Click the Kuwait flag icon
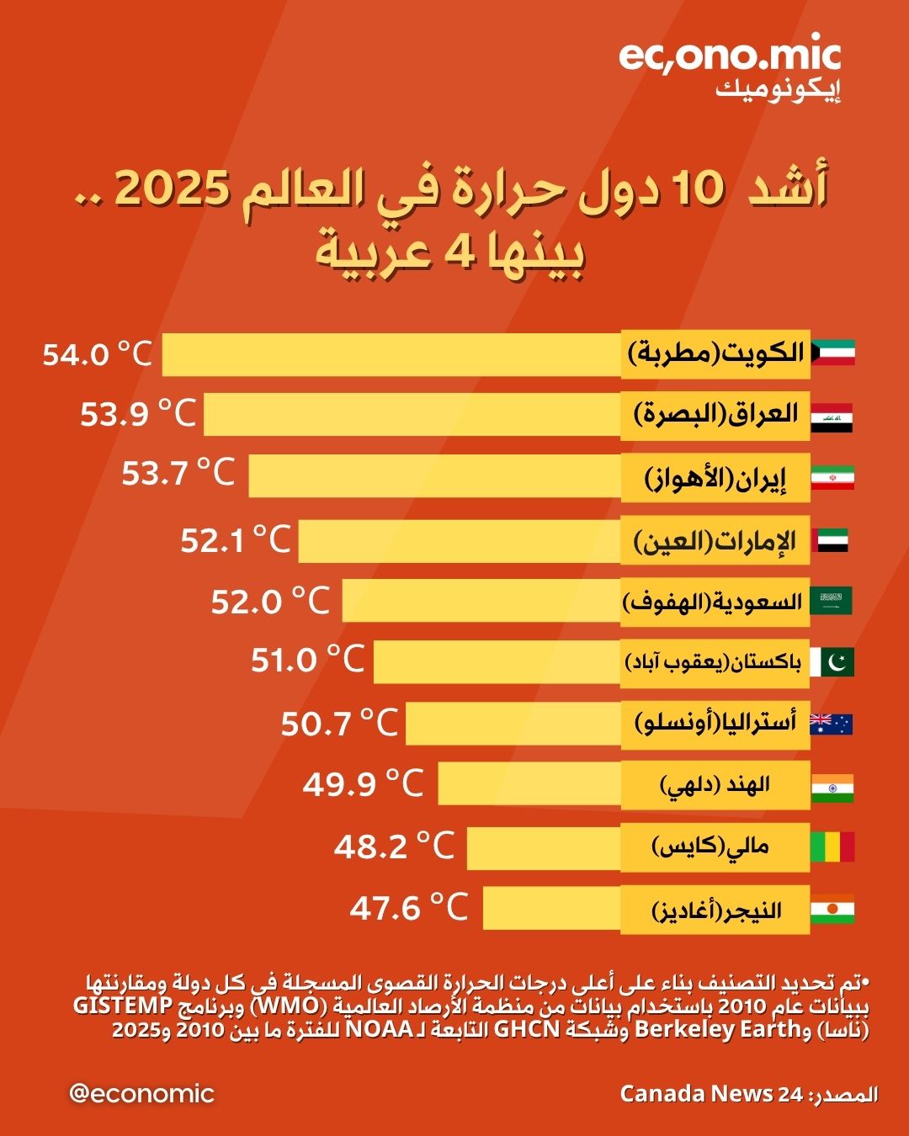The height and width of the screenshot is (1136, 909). [x=833, y=352]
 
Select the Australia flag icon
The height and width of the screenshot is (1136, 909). [x=832, y=724]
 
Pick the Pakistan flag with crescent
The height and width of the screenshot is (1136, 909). [x=832, y=662]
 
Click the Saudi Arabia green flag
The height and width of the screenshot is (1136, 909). [x=832, y=601]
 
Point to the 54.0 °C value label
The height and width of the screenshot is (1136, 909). [x=98, y=353]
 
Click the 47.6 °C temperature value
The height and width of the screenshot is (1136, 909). [x=408, y=908]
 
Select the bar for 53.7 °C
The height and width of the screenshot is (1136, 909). [x=434, y=475]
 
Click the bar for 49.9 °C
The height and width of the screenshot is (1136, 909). [x=529, y=783]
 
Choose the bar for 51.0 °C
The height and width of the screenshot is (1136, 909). [x=497, y=661]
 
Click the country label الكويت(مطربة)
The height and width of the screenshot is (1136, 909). [x=715, y=352]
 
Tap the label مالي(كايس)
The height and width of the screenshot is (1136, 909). [x=715, y=847]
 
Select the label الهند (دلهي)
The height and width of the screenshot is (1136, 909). [x=715, y=785]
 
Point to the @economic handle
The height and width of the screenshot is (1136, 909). [x=141, y=1093]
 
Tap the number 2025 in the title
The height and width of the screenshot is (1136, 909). [x=173, y=188]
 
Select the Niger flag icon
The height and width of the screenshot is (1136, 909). [x=832, y=910]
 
